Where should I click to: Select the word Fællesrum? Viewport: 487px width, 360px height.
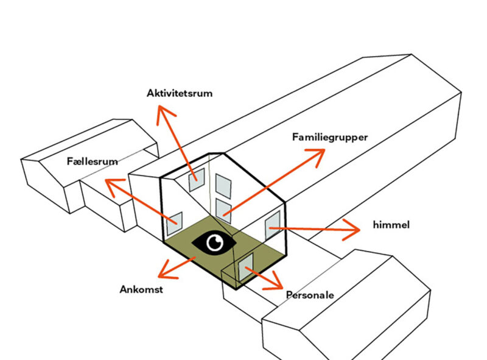pyautogui.click(x=93, y=161)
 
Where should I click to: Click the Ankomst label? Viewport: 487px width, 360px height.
pyautogui.click(x=141, y=289)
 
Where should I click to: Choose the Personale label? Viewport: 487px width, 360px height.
pyautogui.click(x=310, y=295)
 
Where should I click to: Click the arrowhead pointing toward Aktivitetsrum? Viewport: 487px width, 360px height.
pyautogui.click(x=163, y=111)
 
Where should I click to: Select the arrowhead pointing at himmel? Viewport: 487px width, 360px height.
pyautogui.click(x=354, y=230)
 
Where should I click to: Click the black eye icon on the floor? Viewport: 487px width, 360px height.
pyautogui.click(x=214, y=242)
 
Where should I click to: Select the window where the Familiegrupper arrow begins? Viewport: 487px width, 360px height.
pyautogui.click(x=223, y=208)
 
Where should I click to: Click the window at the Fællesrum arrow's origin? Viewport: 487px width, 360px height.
pyautogui.click(x=175, y=222)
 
